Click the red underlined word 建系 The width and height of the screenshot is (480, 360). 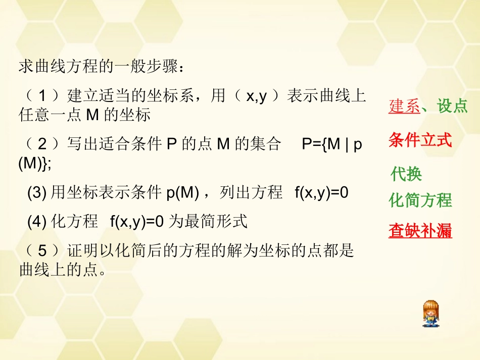pyautogui.click(x=404, y=106)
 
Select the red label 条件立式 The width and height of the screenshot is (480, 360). pyautogui.click(x=420, y=140)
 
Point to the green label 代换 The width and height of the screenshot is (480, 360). pyautogui.click(x=406, y=174)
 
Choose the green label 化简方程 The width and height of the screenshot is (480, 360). pyautogui.click(x=420, y=200)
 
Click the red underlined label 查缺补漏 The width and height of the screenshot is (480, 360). pyautogui.click(x=420, y=231)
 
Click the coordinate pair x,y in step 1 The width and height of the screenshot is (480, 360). pyautogui.click(x=256, y=96)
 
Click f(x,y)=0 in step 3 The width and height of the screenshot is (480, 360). pyautogui.click(x=321, y=193)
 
